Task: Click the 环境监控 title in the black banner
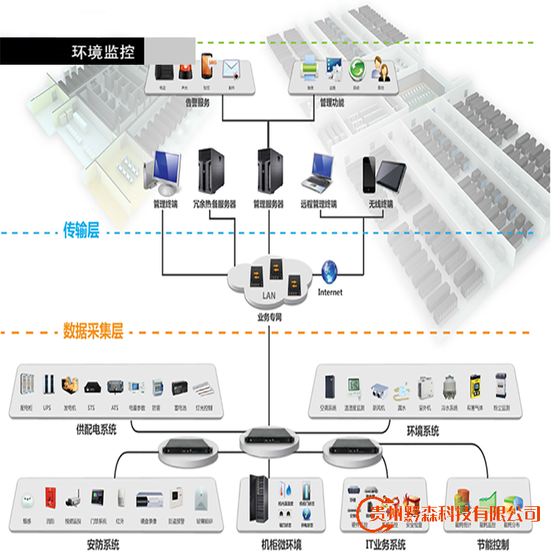[x=101, y=52]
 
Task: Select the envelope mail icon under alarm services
[x=231, y=72]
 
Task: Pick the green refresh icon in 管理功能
[x=357, y=71]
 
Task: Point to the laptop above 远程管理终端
[x=320, y=170]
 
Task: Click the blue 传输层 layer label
[x=82, y=232]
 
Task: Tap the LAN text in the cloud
[x=269, y=296]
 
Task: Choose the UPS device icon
[x=48, y=385]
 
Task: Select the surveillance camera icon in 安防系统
[x=73, y=500]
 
